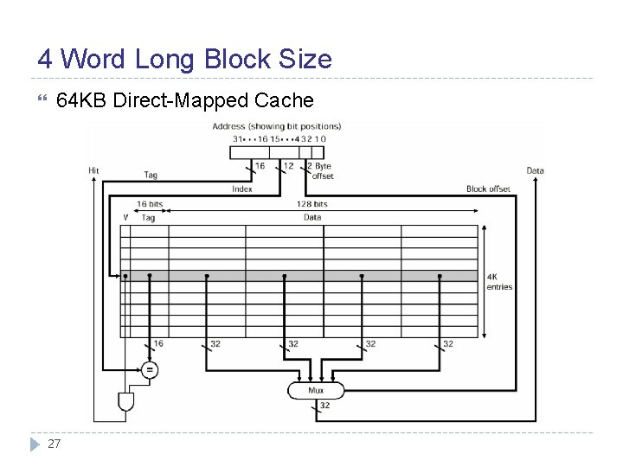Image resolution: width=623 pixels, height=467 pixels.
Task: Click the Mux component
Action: coord(316,391)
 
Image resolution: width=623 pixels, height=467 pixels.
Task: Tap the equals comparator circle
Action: coord(150,369)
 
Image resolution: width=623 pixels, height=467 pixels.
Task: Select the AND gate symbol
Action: coord(125,401)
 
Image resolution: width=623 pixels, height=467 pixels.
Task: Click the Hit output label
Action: coord(93,170)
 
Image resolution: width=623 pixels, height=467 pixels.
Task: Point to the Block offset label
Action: coord(488,189)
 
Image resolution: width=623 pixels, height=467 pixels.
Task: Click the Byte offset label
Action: coord(323,170)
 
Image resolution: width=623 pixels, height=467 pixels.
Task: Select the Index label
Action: coord(242,189)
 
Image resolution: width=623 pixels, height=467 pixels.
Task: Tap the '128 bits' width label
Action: coord(312,204)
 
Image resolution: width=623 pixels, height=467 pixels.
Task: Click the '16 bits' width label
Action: coord(149,204)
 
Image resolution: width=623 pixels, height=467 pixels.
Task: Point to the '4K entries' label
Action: coord(499,282)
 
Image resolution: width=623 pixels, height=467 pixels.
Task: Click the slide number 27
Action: coord(54,444)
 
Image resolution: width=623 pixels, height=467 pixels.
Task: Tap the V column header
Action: coord(125,218)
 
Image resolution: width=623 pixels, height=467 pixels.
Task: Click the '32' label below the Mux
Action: coord(324,405)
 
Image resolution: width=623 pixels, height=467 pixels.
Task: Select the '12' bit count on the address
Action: coord(288,165)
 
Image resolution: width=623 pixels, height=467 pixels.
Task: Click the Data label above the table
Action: coord(312,218)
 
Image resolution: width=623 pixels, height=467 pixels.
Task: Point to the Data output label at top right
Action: coord(535,170)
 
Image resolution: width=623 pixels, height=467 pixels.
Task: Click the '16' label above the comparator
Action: coord(158,343)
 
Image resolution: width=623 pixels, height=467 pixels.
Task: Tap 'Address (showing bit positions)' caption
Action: coord(277,126)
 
